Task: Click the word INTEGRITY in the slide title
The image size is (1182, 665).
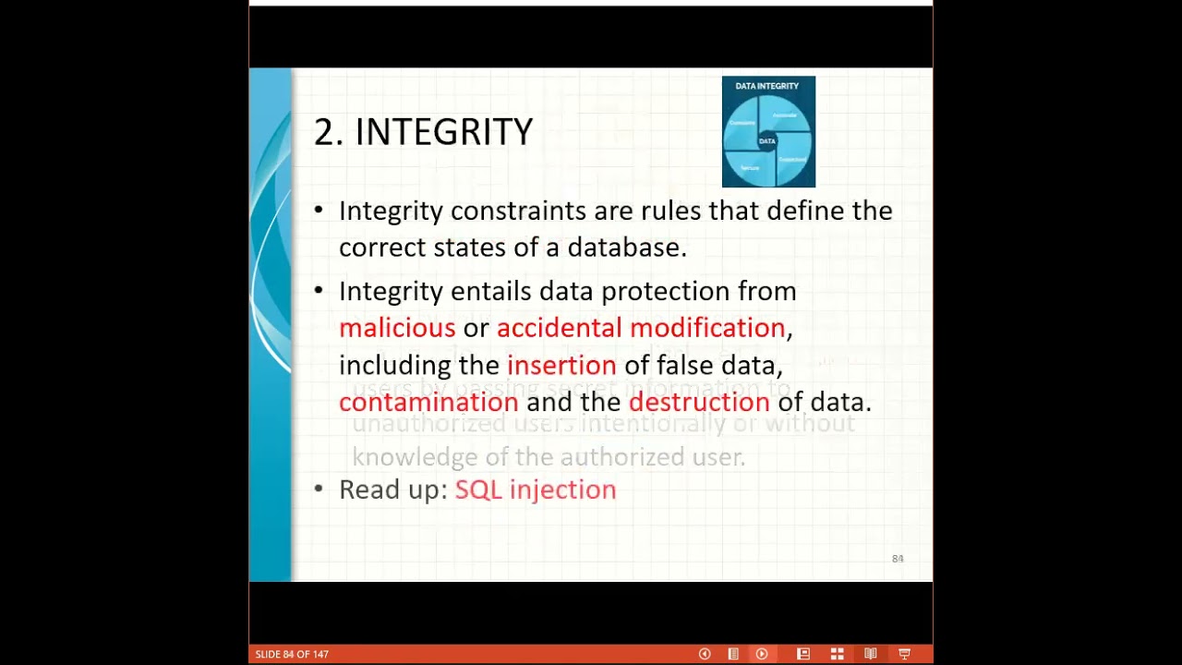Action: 443,132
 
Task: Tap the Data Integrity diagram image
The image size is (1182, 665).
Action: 768,131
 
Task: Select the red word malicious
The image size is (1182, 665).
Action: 397,328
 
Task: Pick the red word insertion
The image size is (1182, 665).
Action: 561,365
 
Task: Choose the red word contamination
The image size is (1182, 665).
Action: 428,402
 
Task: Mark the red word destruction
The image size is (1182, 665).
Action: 699,402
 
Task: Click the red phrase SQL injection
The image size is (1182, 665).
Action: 536,490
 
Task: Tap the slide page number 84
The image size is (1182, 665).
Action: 898,559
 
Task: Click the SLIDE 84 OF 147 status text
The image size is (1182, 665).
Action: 292,654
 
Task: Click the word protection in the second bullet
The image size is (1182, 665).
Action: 665,291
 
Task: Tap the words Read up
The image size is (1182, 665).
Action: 392,490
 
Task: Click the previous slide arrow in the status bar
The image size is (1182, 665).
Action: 705,654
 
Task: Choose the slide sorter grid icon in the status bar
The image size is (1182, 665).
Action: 837,654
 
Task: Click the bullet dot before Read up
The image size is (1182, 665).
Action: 319,488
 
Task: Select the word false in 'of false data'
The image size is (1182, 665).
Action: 684,365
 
